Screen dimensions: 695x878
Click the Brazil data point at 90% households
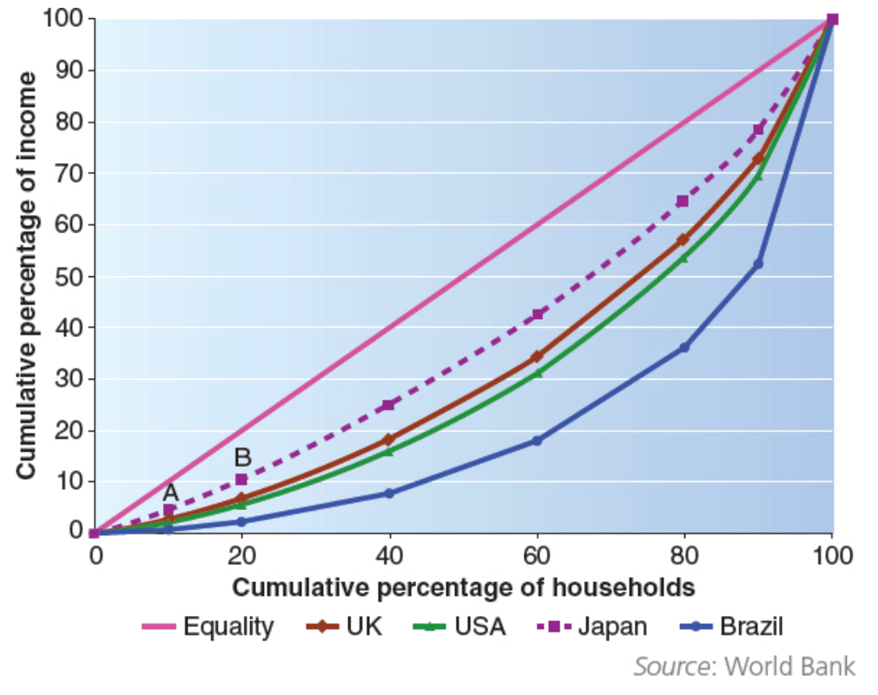tap(758, 263)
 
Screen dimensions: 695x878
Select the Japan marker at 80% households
tap(683, 201)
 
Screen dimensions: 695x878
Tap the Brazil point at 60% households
tap(537, 440)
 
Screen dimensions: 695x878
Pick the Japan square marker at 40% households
tap(389, 405)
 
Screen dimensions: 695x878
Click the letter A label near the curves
tap(171, 493)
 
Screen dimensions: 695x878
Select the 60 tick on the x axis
tap(537, 555)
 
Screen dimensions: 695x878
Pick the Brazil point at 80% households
tap(684, 347)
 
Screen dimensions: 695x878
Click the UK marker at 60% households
tap(537, 356)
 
